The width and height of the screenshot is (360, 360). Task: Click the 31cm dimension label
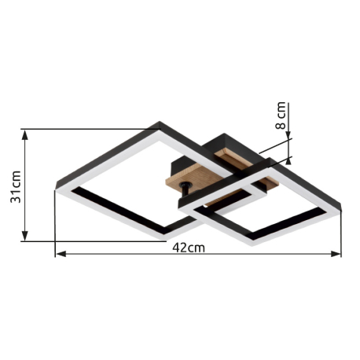pyautogui.click(x=16, y=186)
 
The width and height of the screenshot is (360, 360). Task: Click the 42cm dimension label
pyautogui.click(x=189, y=248)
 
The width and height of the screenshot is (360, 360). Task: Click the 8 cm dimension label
pyautogui.click(x=281, y=116)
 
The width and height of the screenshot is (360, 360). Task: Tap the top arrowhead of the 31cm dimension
pyautogui.click(x=24, y=134)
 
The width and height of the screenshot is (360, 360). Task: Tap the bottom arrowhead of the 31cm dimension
pyautogui.click(x=24, y=236)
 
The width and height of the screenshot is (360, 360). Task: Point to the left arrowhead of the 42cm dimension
pyautogui.click(x=61, y=254)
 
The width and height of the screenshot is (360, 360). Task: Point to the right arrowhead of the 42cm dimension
pyautogui.click(x=336, y=254)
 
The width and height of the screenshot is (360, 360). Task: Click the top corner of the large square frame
pyautogui.click(x=160, y=122)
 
